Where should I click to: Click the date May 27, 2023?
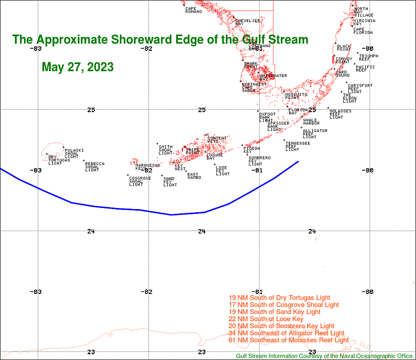[78, 68]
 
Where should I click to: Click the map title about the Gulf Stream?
[160, 40]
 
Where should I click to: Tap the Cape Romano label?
[193, 10]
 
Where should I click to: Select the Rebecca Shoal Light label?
[94, 167]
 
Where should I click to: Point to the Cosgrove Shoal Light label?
[139, 181]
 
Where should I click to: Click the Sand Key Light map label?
[170, 182]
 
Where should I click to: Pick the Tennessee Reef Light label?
[298, 146]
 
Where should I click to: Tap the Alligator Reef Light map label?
[315, 134]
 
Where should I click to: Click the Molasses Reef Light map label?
[340, 114]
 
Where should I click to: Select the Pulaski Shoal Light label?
[73, 154]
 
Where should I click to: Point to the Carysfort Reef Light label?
[360, 89]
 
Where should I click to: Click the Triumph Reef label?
[368, 58]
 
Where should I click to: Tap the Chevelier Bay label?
[247, 22]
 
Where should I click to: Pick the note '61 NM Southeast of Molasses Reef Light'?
[289, 340]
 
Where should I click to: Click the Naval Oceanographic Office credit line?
[325, 356]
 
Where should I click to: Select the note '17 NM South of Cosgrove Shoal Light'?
[283, 304]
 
